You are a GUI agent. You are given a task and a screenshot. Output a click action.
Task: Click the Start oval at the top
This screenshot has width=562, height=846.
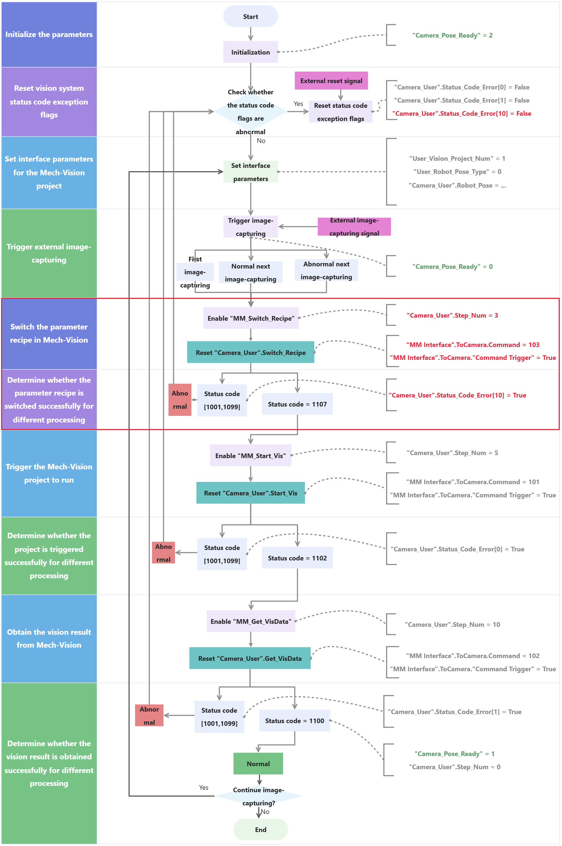(251, 16)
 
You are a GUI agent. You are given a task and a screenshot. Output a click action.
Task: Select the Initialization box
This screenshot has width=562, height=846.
(251, 52)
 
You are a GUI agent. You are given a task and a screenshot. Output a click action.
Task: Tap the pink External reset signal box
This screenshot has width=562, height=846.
(331, 81)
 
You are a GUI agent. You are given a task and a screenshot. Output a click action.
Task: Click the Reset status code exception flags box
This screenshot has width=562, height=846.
(341, 112)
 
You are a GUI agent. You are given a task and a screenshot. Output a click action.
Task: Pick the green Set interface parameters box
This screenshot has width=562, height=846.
(251, 172)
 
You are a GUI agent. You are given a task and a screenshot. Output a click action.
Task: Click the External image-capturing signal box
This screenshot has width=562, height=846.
(354, 227)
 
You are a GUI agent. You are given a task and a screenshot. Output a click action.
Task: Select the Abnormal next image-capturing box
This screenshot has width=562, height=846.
(326, 270)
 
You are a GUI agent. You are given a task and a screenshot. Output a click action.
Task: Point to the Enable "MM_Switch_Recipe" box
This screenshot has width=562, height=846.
(251, 318)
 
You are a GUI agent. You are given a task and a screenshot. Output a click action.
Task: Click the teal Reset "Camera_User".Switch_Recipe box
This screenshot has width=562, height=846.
(251, 353)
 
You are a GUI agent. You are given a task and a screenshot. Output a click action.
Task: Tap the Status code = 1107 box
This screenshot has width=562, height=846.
(297, 404)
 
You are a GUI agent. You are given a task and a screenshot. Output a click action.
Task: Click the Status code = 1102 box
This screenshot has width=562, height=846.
(297, 558)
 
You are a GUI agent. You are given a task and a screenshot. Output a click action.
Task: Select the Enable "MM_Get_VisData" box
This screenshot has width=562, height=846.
(251, 621)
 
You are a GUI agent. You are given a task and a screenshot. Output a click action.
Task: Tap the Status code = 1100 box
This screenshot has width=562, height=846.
(294, 721)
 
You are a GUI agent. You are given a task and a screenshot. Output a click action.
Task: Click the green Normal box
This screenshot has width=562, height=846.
(258, 764)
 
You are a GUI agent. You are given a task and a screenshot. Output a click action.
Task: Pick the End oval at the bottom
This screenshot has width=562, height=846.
(261, 830)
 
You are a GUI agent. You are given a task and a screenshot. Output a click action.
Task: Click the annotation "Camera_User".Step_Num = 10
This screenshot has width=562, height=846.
(452, 625)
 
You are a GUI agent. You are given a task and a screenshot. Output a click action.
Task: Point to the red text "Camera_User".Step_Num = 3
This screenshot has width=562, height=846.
(452, 315)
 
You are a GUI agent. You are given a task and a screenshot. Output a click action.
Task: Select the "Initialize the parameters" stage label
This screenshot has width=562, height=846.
(49, 34)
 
